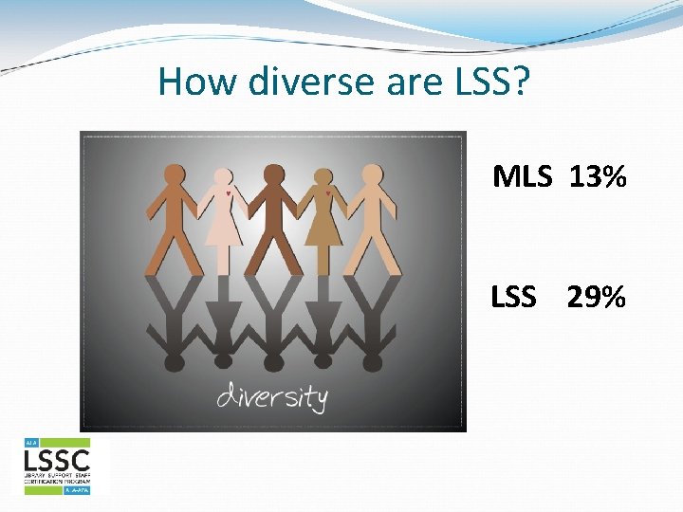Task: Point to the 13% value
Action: [x=599, y=175]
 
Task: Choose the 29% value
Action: [x=597, y=298]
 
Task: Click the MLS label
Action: [x=521, y=175]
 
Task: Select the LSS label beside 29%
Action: [x=513, y=298]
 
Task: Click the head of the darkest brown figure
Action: [x=273, y=174]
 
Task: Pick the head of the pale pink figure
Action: [x=223, y=176]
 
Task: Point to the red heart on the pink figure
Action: [x=228, y=193]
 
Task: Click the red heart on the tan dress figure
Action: [x=327, y=193]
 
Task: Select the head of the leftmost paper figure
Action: [x=175, y=174]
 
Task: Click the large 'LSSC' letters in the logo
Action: [x=56, y=462]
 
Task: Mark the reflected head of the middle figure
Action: [x=273, y=362]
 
